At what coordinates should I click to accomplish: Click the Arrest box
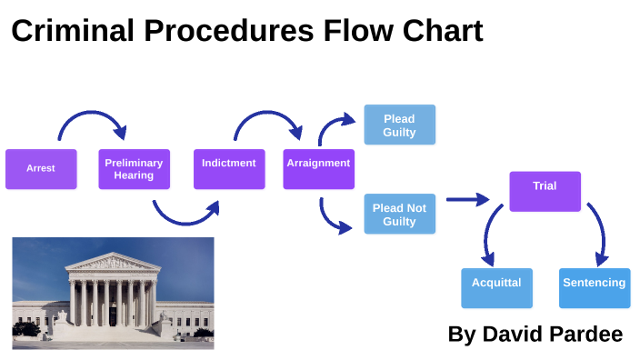click(x=41, y=169)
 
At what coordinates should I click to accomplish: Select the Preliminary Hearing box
click(x=134, y=169)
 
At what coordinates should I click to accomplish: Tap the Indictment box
click(x=229, y=169)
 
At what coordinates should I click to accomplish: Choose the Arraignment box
click(x=318, y=169)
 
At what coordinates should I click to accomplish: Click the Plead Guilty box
click(x=399, y=125)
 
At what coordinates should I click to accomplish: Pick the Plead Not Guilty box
click(x=399, y=215)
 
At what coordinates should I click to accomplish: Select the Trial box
click(x=545, y=191)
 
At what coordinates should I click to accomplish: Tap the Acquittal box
click(x=496, y=288)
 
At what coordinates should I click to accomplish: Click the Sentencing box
click(x=594, y=288)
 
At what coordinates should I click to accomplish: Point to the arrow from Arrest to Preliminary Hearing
click(x=91, y=116)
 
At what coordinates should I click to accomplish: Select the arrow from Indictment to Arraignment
click(x=267, y=116)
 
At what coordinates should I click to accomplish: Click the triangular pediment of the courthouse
click(x=112, y=264)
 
